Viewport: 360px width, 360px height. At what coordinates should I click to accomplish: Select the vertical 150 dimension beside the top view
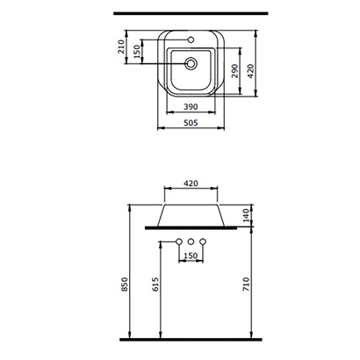click(x=137, y=54)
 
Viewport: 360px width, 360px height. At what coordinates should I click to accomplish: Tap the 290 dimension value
click(x=234, y=71)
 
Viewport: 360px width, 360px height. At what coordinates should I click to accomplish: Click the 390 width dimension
click(x=191, y=106)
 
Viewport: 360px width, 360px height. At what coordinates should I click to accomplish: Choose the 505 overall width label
click(x=191, y=124)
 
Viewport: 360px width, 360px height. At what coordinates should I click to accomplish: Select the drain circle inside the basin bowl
click(x=191, y=63)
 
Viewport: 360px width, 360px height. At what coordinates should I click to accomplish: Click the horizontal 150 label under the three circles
click(x=190, y=256)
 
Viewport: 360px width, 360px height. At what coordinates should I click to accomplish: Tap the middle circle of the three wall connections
click(x=189, y=241)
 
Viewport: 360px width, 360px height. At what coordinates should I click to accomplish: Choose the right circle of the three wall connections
click(x=204, y=241)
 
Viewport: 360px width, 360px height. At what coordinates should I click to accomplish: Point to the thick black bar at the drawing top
click(x=191, y=14)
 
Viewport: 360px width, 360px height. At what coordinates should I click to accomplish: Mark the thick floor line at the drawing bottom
click(x=191, y=339)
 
